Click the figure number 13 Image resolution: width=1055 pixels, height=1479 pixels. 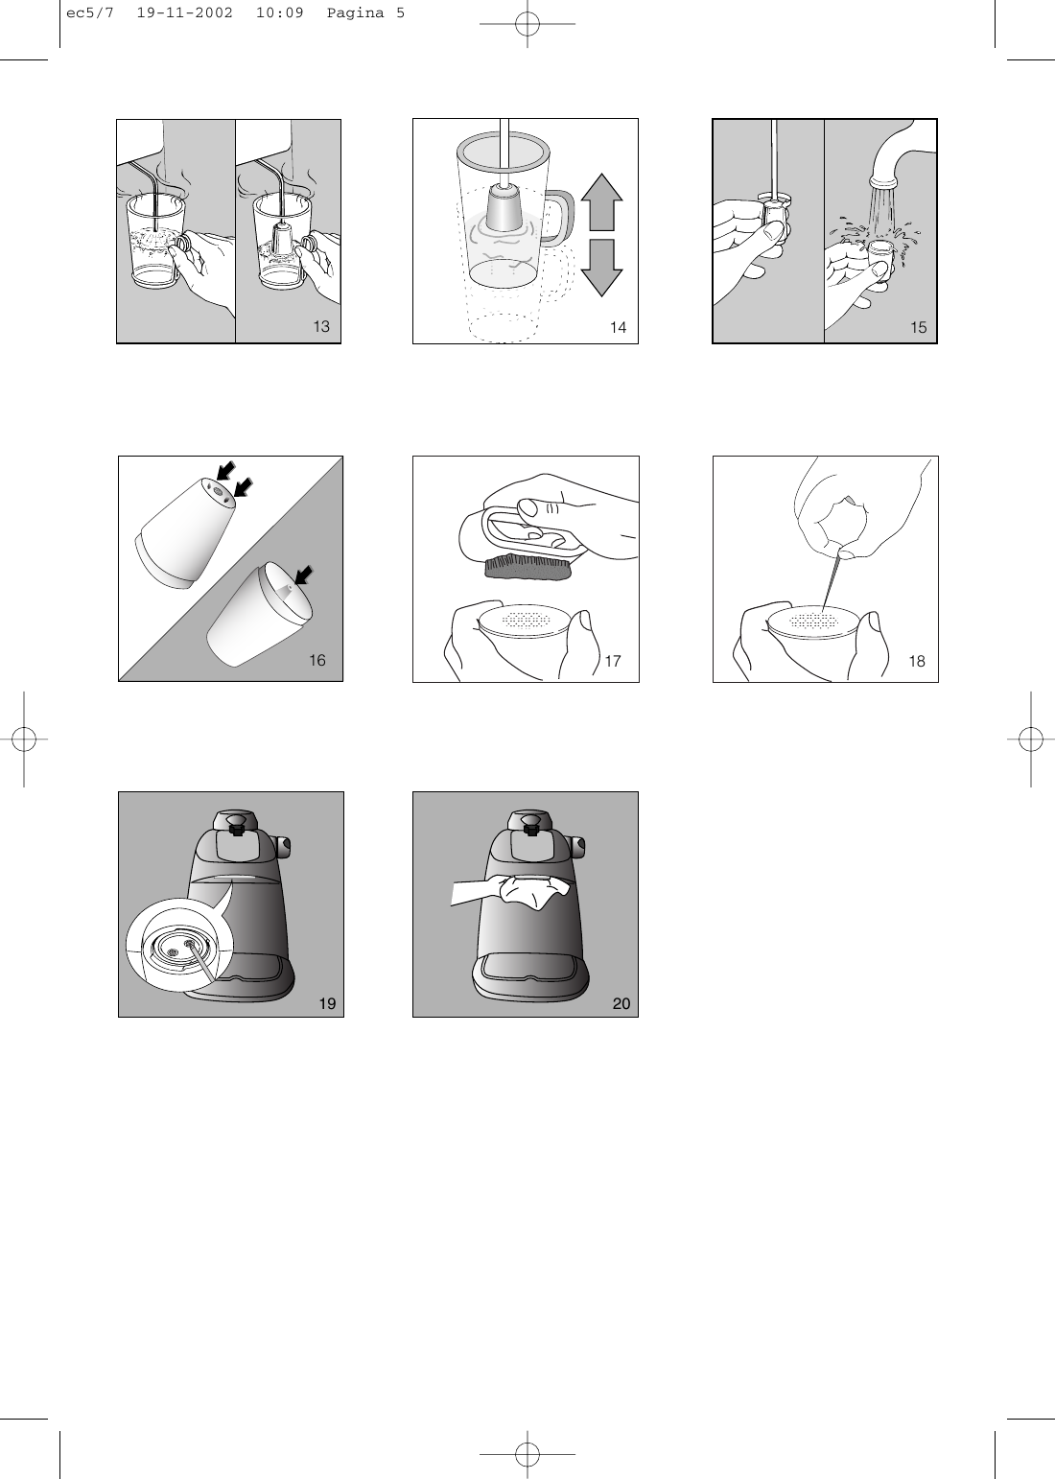click(x=321, y=327)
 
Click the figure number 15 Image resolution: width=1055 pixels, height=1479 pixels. click(x=919, y=328)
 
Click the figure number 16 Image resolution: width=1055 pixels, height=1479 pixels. click(x=316, y=660)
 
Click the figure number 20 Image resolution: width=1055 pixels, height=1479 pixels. click(x=621, y=1003)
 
